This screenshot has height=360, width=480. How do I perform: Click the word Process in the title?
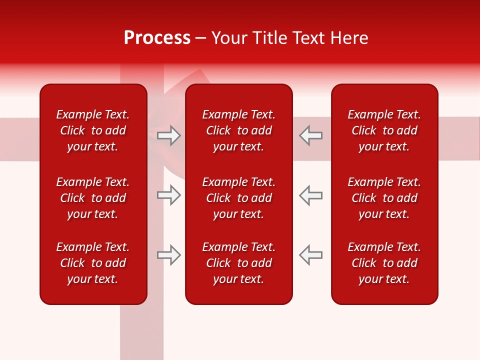(157, 38)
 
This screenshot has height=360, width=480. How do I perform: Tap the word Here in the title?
(349, 38)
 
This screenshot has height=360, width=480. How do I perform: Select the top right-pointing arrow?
(169, 135)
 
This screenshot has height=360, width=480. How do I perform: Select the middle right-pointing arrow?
(169, 195)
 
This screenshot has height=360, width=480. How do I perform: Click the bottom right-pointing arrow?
(169, 254)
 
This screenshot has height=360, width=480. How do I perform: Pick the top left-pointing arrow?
(310, 135)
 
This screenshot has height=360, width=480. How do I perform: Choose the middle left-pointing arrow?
(310, 195)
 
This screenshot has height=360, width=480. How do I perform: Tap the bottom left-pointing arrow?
(310, 254)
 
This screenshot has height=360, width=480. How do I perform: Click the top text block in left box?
(93, 130)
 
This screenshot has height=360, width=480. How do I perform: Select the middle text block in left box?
(93, 198)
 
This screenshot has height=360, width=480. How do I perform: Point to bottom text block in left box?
(93, 263)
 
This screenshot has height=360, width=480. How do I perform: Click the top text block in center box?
(238, 130)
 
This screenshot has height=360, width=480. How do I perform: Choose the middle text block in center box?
(238, 198)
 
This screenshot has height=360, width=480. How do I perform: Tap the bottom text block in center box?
(238, 263)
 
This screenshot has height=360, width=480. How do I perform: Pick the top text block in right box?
(384, 130)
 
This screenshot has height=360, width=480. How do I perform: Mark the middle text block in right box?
(384, 198)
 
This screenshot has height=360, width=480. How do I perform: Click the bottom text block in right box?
(384, 263)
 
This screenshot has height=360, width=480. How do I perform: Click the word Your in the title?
(230, 38)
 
